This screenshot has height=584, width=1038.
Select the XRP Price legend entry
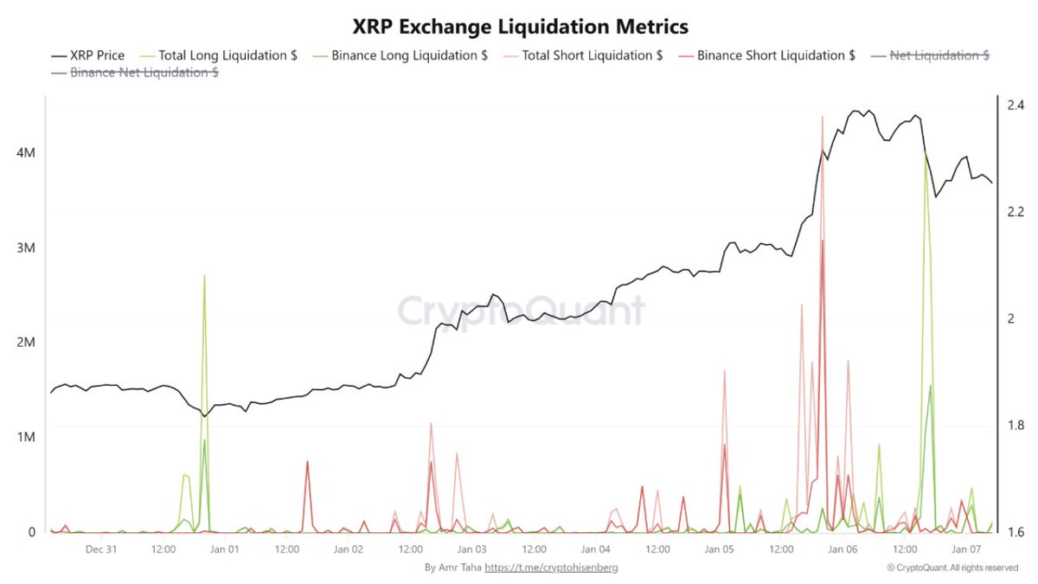[87, 55]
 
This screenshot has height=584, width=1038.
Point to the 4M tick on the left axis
[26, 153]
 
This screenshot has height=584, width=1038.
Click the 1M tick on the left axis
[26, 437]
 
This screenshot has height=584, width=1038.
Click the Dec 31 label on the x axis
[102, 549]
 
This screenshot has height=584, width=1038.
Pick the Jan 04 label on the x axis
[596, 549]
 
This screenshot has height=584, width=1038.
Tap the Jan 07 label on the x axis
[966, 549]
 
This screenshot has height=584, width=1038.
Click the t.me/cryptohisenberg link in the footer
[551, 568]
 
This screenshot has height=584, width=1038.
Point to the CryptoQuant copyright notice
[952, 568]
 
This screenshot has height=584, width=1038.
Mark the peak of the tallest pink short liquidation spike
[822, 116]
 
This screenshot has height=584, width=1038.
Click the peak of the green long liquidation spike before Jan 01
[204, 275]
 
